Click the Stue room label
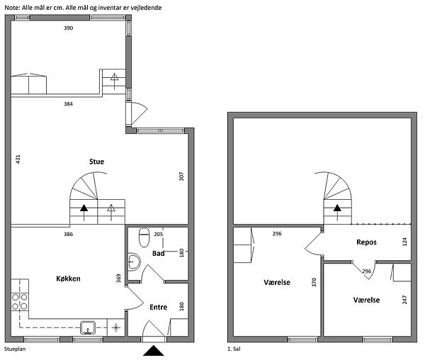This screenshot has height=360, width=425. (x=96, y=162)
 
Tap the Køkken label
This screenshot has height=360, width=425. (x=68, y=279)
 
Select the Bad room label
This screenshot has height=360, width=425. (x=158, y=253)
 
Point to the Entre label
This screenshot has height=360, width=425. (x=158, y=307)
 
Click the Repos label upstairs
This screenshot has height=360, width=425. (x=366, y=242)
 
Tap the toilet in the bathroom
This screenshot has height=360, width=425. (x=144, y=237)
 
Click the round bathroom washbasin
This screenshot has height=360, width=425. (x=134, y=262)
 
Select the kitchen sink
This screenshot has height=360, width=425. (x=88, y=327)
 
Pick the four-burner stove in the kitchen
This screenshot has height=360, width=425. (x=20, y=302)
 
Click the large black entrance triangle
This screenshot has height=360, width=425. (x=154, y=351)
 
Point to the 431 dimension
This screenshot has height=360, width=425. (x=18, y=159)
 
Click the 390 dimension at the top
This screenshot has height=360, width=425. (x=68, y=28)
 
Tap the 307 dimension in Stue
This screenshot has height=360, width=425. (x=181, y=176)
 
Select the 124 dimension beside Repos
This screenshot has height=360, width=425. (x=404, y=241)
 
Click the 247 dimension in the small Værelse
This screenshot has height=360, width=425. (x=404, y=300)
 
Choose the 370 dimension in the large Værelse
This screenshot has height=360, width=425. (x=314, y=282)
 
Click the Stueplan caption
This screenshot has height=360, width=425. (x=15, y=349)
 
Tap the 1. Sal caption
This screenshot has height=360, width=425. (x=234, y=349)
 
